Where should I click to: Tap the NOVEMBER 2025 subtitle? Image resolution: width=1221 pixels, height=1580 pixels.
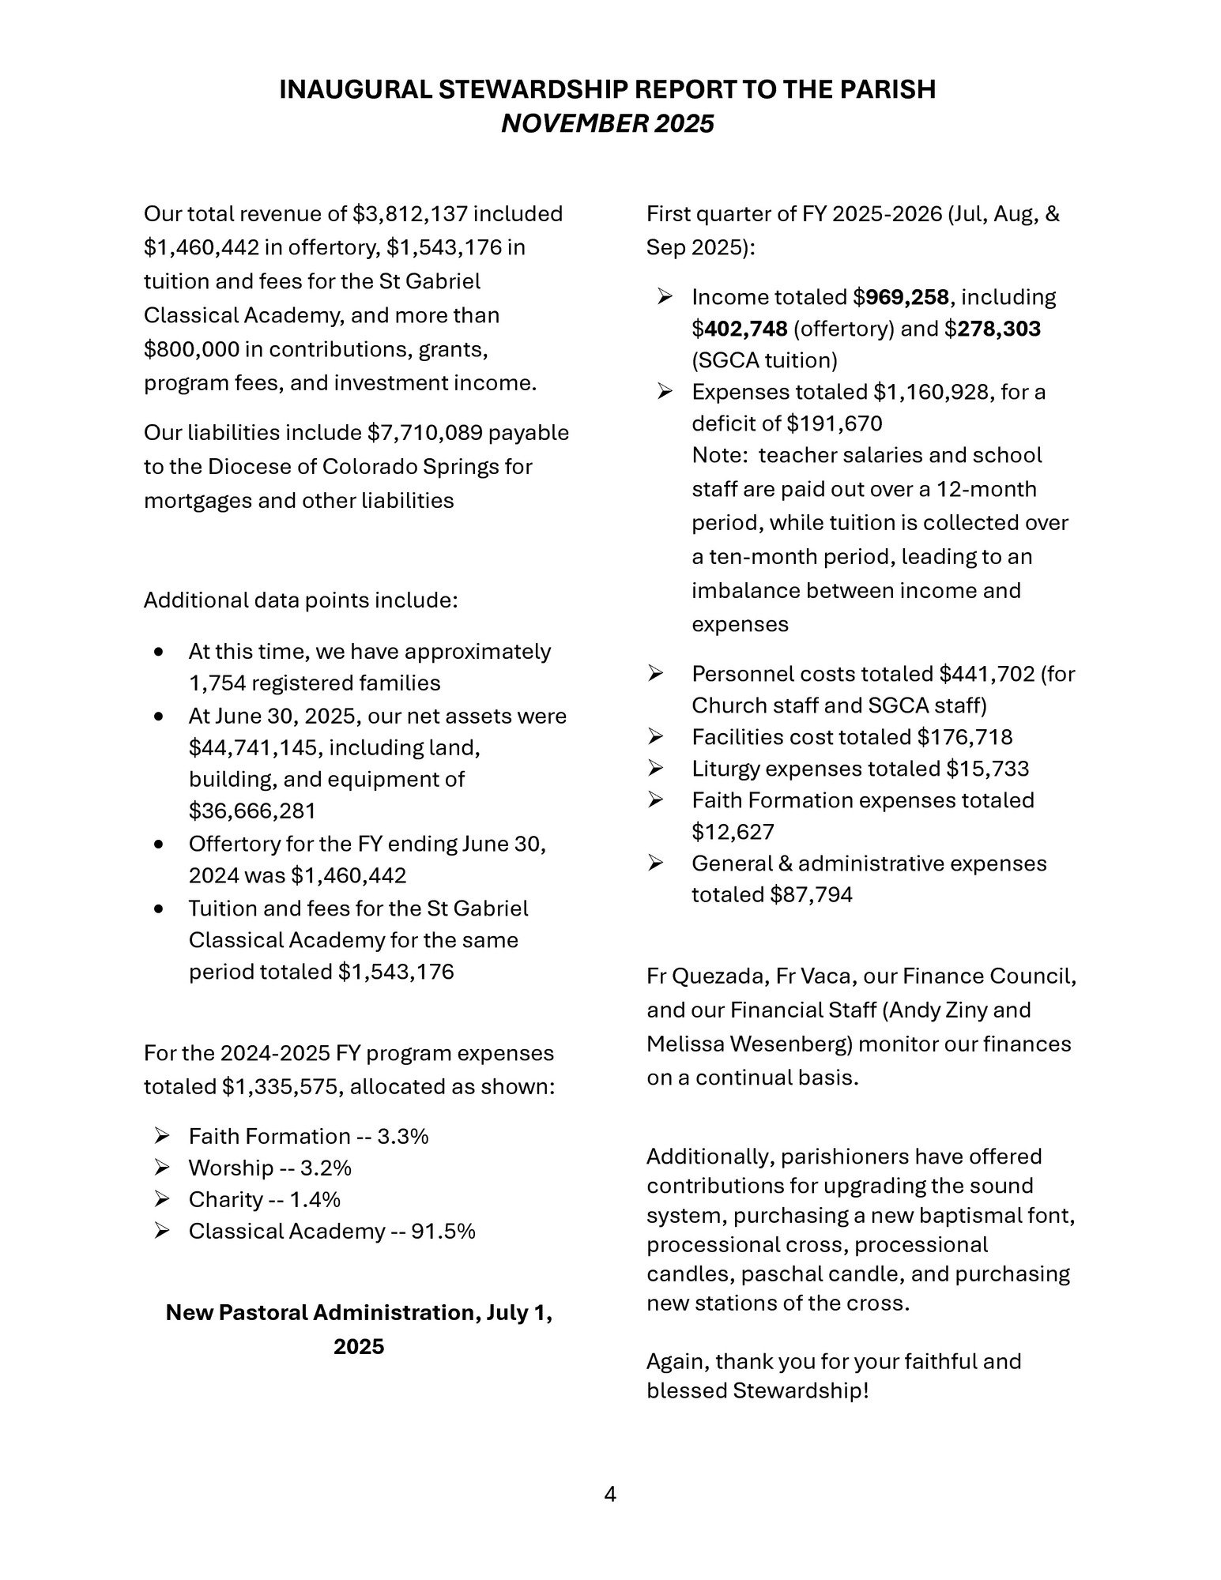[x=608, y=124]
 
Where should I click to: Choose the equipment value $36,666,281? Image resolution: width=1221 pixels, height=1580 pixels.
[x=252, y=811]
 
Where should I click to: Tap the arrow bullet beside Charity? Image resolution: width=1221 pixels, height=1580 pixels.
[x=163, y=1199]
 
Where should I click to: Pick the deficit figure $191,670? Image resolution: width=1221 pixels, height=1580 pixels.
[x=835, y=423]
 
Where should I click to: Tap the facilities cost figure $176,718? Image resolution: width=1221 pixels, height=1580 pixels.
[x=965, y=737]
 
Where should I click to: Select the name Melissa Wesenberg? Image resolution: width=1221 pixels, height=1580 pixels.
[x=749, y=1044]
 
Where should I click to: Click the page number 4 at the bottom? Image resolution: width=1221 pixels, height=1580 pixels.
[x=609, y=1494]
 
